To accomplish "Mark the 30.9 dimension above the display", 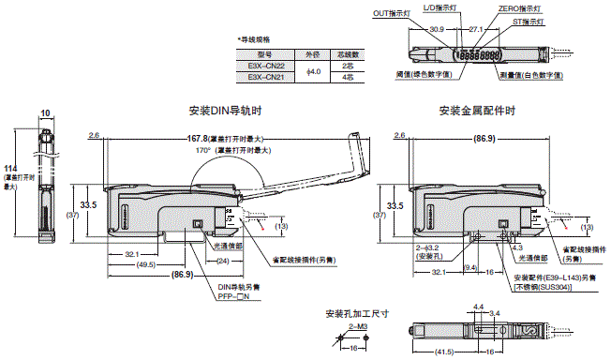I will pyautogui.click(x=435, y=30).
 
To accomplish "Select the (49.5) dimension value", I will pyautogui.click(x=143, y=265).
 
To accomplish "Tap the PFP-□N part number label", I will pyautogui.click(x=224, y=297).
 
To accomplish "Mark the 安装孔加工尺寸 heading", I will pyautogui.click(x=357, y=313).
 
